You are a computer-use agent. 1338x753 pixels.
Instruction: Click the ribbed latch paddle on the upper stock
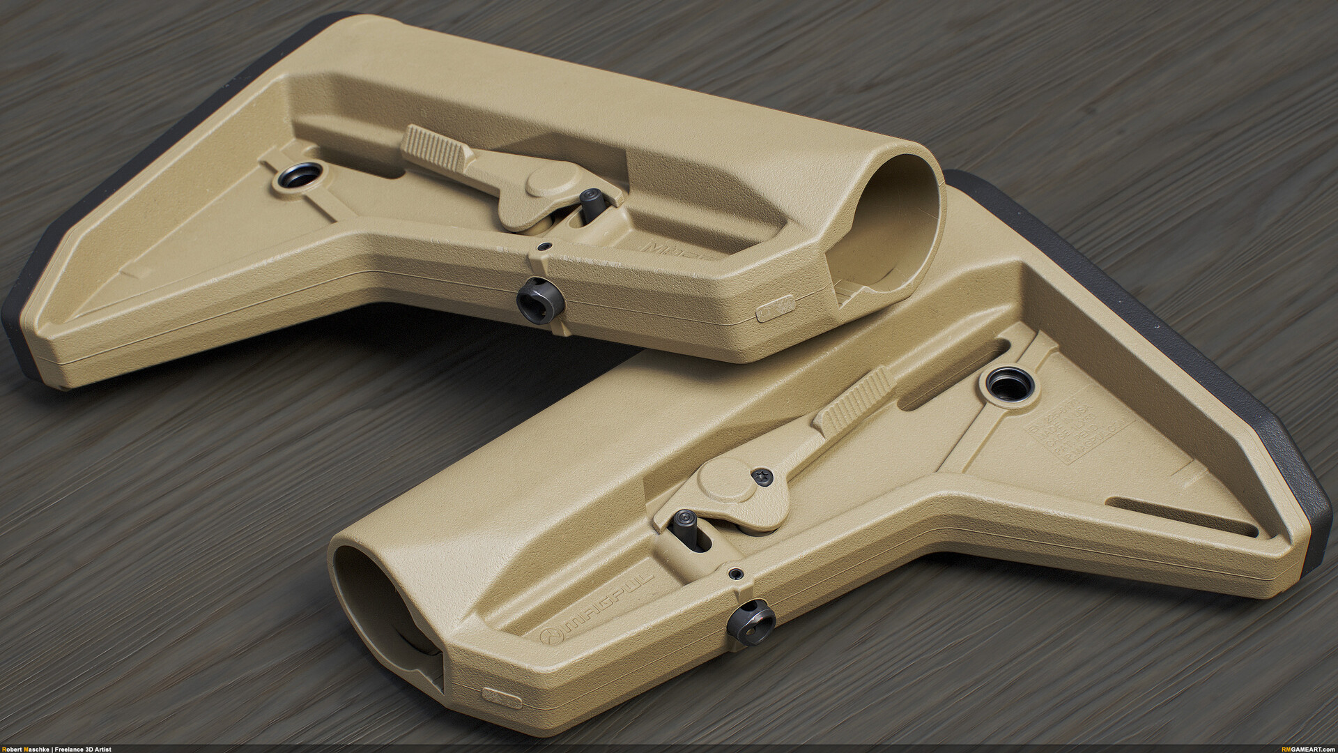coord(432,144)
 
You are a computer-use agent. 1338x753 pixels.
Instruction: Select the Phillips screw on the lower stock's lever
coord(761,476)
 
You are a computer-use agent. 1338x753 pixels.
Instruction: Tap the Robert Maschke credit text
coord(56,749)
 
